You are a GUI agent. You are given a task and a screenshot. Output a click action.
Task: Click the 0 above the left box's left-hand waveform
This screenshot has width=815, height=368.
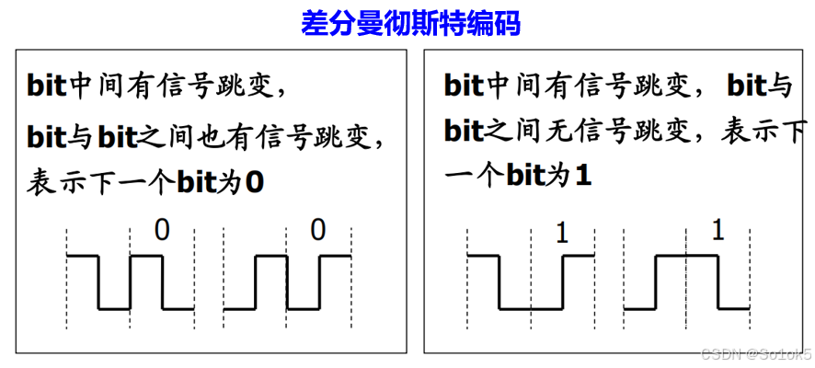[162, 230]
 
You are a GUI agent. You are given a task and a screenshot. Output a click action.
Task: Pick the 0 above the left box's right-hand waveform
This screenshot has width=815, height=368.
[317, 230]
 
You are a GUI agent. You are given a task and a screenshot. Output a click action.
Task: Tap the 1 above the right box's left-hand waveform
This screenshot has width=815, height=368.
[563, 234]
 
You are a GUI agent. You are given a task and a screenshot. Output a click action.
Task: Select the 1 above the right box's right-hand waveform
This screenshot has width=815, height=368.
[717, 230]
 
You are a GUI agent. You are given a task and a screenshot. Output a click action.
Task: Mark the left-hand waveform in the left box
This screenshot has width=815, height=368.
[130, 282]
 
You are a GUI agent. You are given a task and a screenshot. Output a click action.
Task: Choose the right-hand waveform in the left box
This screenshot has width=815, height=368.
[287, 282]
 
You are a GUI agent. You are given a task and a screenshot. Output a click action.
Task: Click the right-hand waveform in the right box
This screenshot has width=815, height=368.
[686, 282]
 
